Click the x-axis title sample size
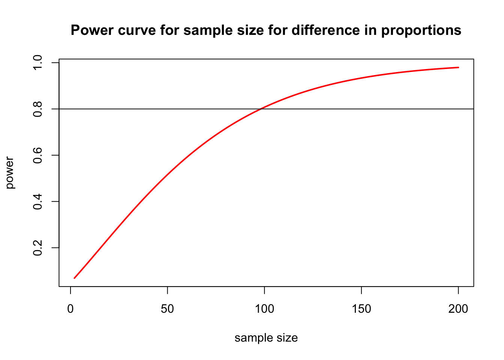[x=266, y=338]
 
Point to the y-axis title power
[x=10, y=173]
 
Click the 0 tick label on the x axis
[x=70, y=309]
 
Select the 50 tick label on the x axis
[x=167, y=309]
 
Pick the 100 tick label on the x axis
[x=264, y=309]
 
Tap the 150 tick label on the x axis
[x=361, y=309]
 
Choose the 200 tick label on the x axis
[x=458, y=309]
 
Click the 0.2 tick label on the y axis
[x=38, y=247]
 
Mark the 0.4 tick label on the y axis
[x=38, y=201]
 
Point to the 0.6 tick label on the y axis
[x=38, y=155]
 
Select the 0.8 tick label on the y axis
[x=38, y=109]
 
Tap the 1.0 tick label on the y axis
[x=38, y=63]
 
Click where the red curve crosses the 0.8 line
[x=260, y=109]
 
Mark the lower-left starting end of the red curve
[x=74, y=278]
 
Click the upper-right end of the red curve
[x=458, y=67]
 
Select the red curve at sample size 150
[x=361, y=78]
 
